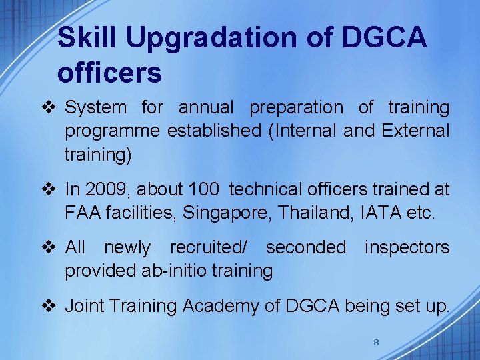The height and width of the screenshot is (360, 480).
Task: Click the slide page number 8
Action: tap(376, 342)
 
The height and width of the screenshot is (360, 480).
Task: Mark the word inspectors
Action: tap(407, 247)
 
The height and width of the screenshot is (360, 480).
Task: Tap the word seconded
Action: tap(305, 247)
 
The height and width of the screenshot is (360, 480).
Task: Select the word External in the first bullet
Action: tap(415, 131)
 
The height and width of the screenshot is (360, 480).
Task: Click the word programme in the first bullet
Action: tap(112, 131)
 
